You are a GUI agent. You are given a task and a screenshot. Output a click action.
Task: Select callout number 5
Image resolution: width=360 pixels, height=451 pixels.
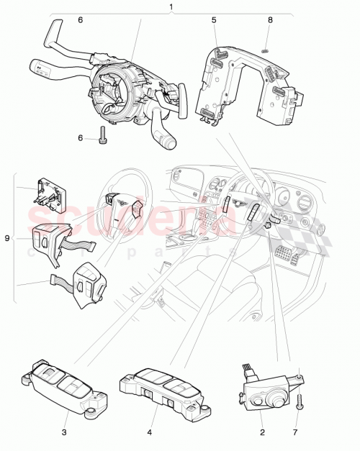coord(214,21)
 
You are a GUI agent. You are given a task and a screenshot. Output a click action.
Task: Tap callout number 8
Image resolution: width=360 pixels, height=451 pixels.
coord(270,21)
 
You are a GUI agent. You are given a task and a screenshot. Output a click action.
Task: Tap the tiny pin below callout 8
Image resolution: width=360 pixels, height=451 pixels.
coord(266,50)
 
